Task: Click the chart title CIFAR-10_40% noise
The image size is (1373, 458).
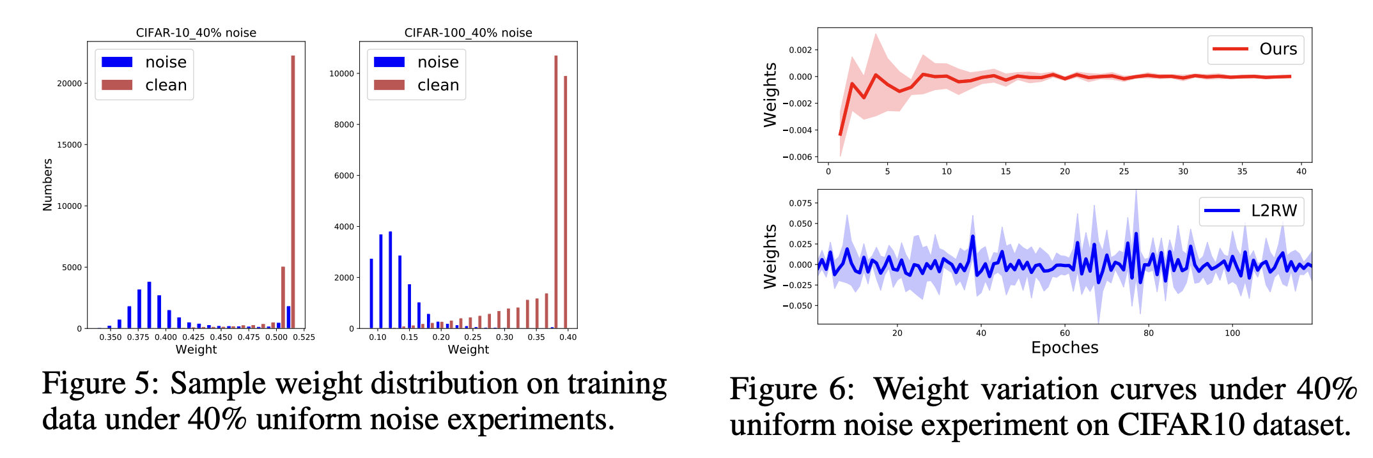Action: click(196, 33)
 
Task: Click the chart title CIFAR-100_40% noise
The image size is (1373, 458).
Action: click(468, 33)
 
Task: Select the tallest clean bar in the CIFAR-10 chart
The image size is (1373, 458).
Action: click(293, 192)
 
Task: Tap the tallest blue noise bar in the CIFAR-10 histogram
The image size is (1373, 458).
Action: click(149, 305)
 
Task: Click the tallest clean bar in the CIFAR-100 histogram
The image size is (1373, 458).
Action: click(555, 192)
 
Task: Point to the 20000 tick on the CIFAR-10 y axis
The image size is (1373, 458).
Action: click(69, 84)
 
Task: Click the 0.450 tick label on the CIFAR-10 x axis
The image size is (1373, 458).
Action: click(221, 337)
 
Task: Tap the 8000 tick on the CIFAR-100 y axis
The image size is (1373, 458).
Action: click(343, 125)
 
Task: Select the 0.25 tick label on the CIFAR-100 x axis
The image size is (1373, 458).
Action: click(472, 337)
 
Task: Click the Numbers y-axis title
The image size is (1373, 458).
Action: click(47, 185)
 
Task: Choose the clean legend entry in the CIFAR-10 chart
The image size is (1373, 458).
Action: click(144, 85)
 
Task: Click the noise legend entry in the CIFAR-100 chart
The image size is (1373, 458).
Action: click(417, 62)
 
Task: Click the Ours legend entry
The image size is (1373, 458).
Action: click(1255, 49)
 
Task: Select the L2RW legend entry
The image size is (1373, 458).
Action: click(1251, 211)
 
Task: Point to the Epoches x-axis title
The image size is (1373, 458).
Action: click(1064, 347)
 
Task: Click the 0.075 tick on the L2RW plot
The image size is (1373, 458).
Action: click(800, 203)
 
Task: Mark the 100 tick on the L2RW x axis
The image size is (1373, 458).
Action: click(1232, 333)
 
